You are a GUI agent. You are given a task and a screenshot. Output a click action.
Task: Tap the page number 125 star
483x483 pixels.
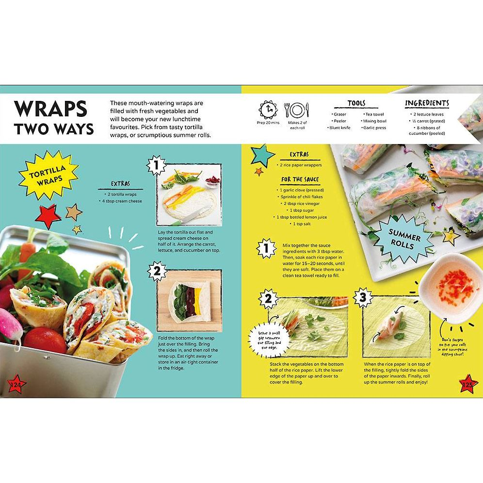468,383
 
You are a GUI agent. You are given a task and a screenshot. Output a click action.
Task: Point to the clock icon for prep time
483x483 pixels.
268,110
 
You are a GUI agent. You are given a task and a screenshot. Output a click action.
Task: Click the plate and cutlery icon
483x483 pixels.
297,111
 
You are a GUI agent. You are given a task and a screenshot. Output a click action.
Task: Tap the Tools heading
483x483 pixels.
356,103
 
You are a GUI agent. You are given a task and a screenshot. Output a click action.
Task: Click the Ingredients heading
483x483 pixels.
427,103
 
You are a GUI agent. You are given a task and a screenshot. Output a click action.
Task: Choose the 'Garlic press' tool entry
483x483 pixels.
373,128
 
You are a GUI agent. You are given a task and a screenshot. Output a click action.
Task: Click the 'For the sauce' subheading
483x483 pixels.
300,179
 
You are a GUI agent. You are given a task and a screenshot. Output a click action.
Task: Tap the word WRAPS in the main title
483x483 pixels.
50,109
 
